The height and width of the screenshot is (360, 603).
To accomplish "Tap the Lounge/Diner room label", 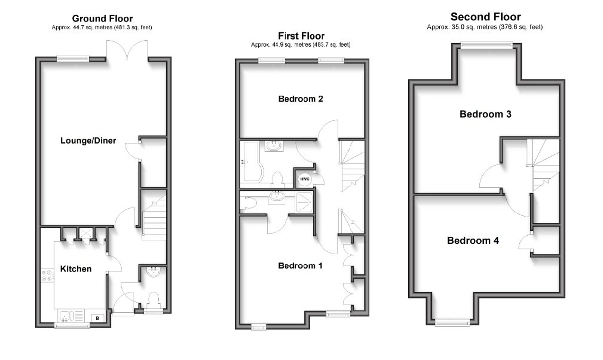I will (88, 141).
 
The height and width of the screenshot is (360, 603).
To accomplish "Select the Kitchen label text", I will (76, 269).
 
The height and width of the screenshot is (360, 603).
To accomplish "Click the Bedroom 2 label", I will (301, 99).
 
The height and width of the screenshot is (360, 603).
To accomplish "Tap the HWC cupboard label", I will (304, 178).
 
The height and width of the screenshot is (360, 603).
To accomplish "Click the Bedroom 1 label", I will (301, 266).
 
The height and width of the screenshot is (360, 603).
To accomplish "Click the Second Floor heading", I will (485, 17).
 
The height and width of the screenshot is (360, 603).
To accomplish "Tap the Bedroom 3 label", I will (485, 114).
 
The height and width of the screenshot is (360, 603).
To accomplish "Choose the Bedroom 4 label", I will (473, 240).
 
